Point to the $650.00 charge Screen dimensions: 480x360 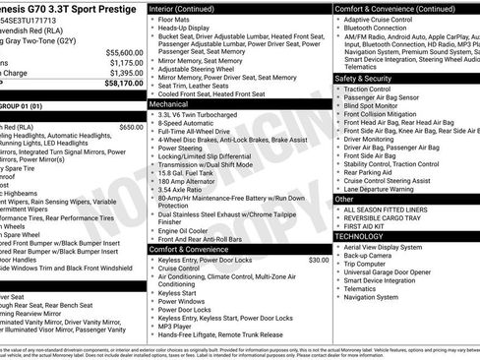130,127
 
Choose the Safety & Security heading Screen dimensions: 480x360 363,78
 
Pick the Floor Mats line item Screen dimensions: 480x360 176,20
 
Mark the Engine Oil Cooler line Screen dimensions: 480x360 189,228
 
